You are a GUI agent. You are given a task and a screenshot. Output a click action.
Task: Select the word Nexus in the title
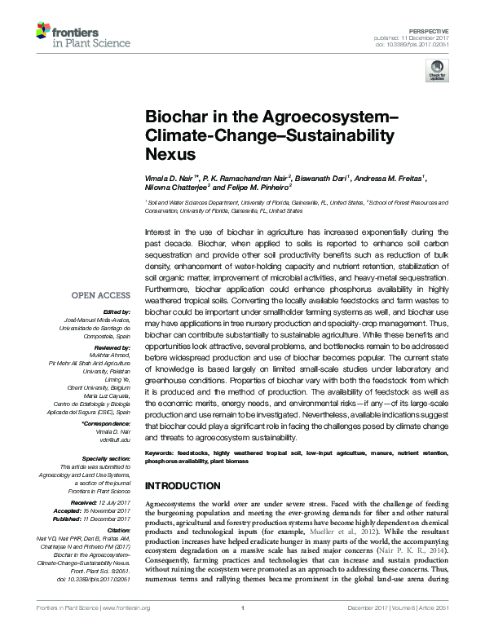pyautogui.click(x=169, y=152)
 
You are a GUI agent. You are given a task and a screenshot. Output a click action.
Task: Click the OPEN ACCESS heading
pyautogui.click(x=100, y=296)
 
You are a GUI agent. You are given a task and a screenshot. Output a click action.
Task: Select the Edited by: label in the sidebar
pyautogui.click(x=117, y=312)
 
